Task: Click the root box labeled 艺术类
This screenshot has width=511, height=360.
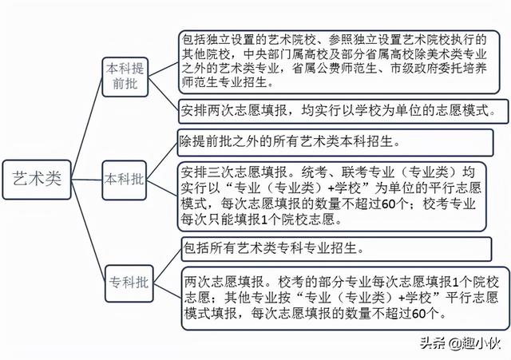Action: (x=37, y=180)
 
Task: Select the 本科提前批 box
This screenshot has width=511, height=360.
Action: (x=125, y=77)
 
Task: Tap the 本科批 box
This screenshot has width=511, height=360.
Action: (x=125, y=180)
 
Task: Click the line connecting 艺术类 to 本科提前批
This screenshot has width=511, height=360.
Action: (x=87, y=128)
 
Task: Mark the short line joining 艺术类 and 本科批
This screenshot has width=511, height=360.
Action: (x=87, y=180)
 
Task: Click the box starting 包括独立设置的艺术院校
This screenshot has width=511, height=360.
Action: (x=339, y=62)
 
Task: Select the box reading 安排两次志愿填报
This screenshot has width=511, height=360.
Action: (x=343, y=112)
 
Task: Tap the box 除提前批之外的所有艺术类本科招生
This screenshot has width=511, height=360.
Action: (x=335, y=143)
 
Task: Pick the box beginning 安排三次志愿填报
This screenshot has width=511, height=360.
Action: (x=332, y=197)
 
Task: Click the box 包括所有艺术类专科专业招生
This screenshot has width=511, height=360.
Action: (x=336, y=249)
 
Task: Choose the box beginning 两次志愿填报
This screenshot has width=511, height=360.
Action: (x=345, y=298)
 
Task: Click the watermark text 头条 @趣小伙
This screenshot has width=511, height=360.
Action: (x=460, y=343)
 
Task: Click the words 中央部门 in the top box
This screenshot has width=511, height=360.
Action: (x=269, y=53)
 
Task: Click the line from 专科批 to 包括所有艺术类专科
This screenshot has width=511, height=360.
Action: (x=167, y=266)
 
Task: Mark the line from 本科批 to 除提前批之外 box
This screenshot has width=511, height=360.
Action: (x=162, y=161)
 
